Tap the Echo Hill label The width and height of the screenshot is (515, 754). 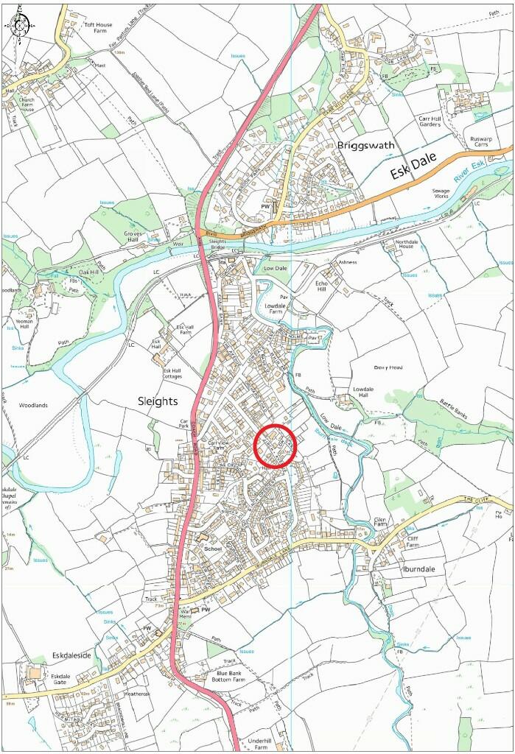point(325,286)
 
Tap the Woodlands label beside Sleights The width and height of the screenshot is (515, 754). point(33,405)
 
